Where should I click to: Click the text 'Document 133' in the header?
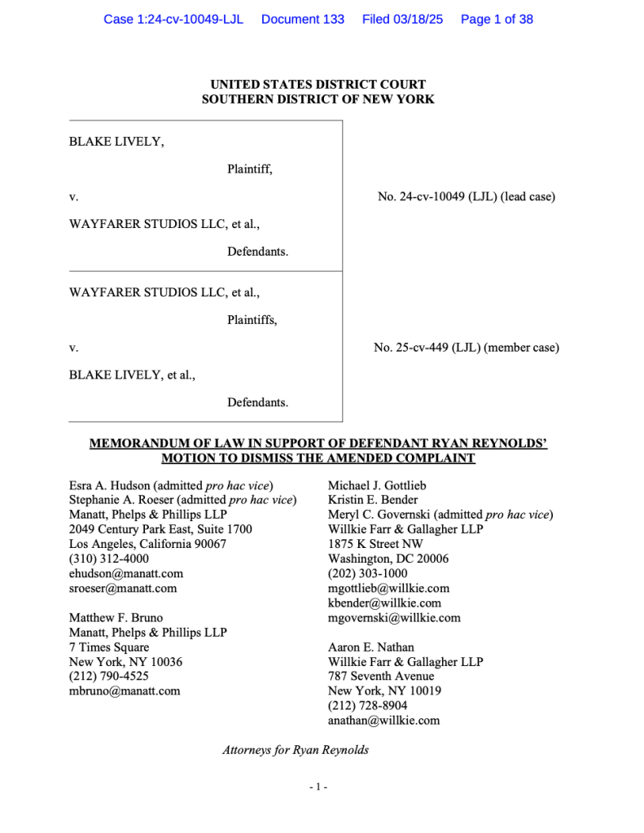tap(302, 19)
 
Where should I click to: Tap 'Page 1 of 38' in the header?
tap(497, 19)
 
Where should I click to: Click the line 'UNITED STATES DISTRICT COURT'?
tap(318, 85)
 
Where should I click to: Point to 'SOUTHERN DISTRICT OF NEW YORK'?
tap(318, 99)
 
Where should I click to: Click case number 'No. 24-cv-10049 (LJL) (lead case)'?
tap(467, 196)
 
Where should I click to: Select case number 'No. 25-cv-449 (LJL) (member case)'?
tap(467, 348)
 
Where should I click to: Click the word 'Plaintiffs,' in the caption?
tap(252, 320)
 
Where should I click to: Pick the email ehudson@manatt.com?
tap(126, 573)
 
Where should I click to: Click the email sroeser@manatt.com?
tap(123, 588)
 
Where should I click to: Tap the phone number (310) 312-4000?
tap(109, 559)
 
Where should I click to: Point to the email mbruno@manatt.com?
tap(125, 691)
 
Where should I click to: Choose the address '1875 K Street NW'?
tap(375, 544)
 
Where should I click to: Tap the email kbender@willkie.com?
tap(384, 603)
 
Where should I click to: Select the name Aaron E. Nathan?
tap(370, 647)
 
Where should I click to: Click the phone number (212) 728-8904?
tap(368, 705)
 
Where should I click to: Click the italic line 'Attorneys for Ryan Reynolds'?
tap(296, 750)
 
